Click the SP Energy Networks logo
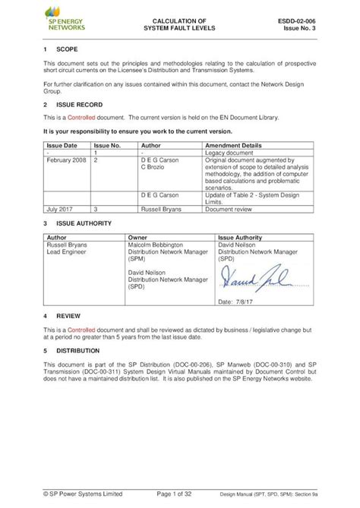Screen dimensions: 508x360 (x=64, y=19)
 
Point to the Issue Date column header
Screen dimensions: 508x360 (x=62, y=144)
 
